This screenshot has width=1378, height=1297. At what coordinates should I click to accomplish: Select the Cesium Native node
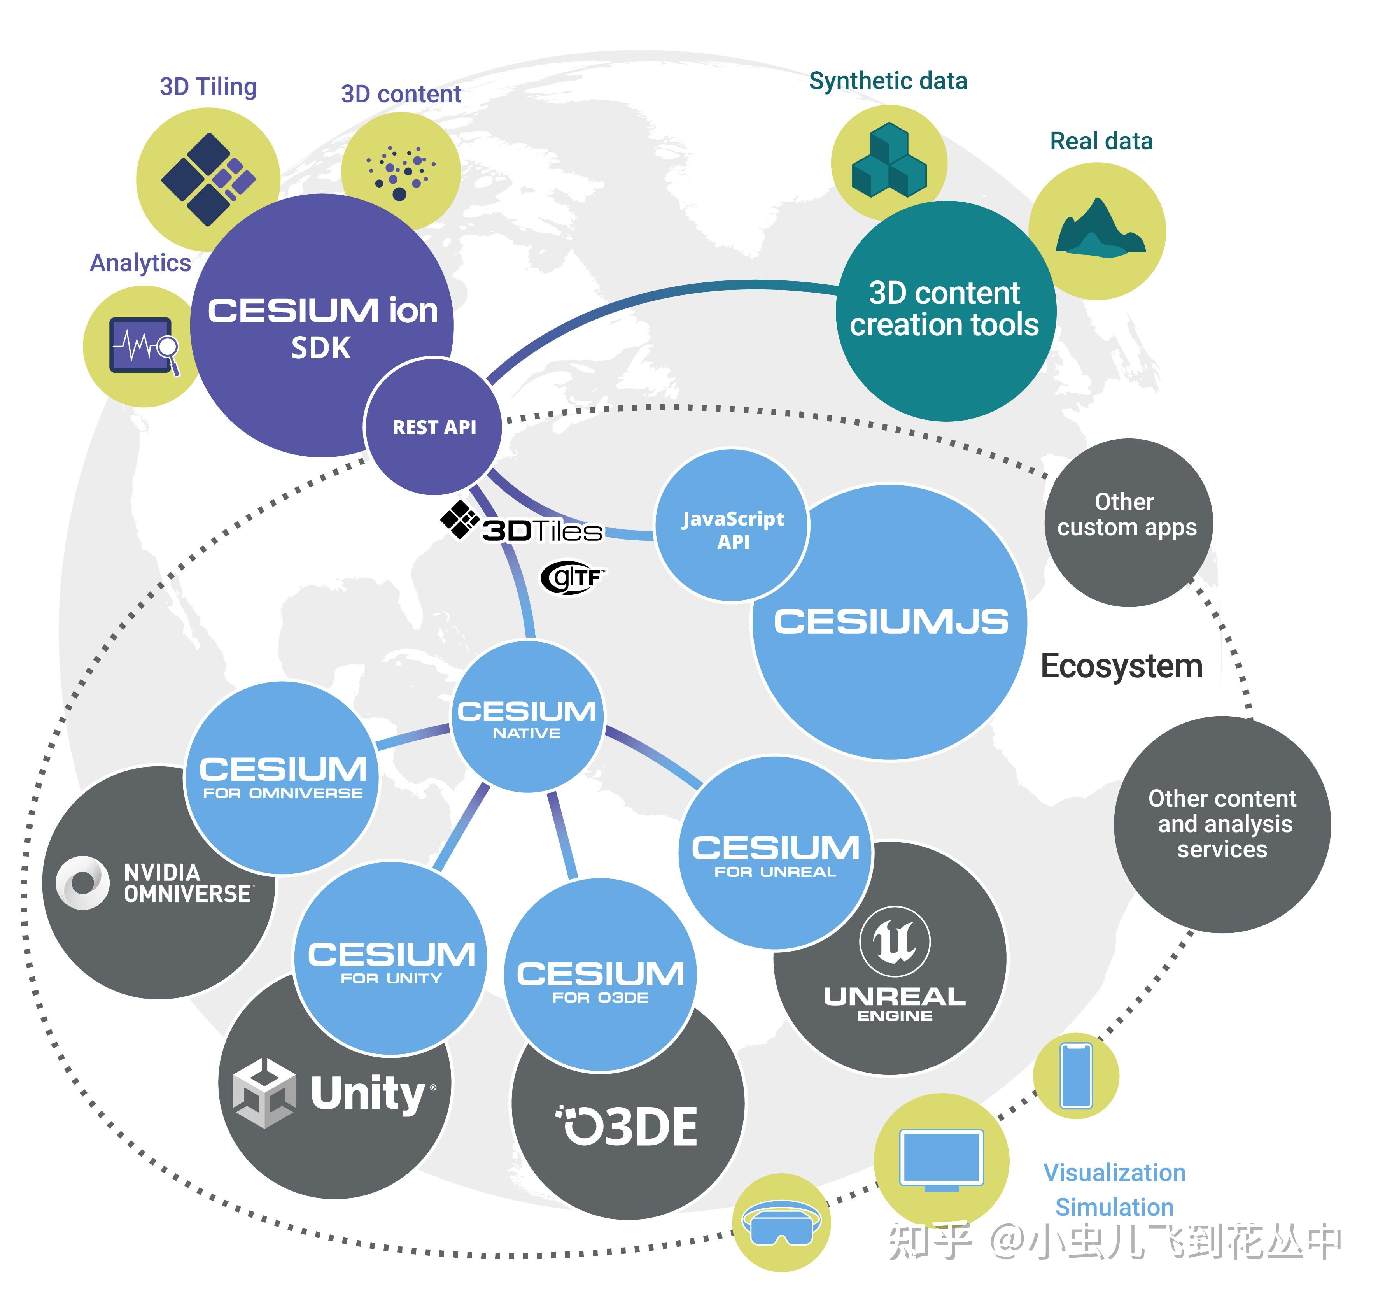(x=527, y=717)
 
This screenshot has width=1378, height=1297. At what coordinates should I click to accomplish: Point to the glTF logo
(x=572, y=577)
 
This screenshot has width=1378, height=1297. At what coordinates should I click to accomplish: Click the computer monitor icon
(x=940, y=1160)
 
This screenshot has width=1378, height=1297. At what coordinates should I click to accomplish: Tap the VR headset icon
(x=781, y=1223)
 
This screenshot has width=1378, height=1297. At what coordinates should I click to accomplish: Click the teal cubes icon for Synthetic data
(x=889, y=161)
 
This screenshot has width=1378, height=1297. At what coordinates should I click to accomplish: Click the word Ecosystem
(x=1121, y=666)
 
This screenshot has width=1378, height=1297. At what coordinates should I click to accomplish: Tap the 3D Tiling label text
(x=208, y=87)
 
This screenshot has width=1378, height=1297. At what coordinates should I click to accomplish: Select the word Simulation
(x=1114, y=1207)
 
